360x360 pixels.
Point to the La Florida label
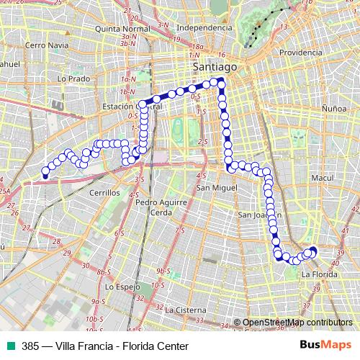[318, 274]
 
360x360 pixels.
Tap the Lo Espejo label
[122, 286]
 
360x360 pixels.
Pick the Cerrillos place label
[104, 194]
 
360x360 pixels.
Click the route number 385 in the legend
[30, 346]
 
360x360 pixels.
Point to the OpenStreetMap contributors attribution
[297, 323]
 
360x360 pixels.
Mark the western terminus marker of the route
[45, 174]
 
